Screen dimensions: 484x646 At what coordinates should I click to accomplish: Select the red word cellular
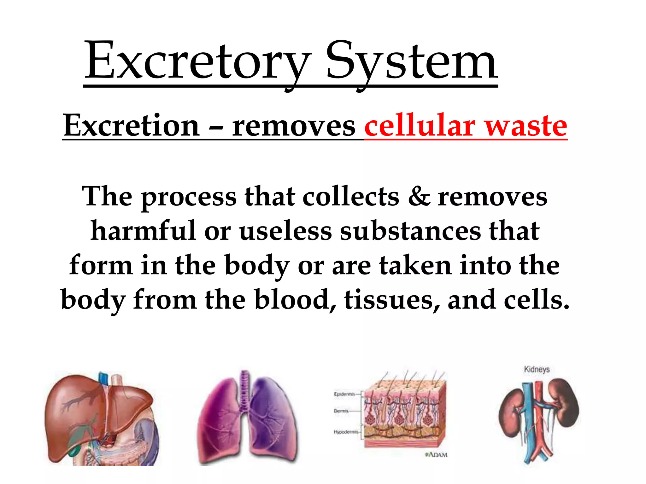pyautogui.click(x=420, y=126)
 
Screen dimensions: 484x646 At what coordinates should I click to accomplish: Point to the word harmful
pyautogui.click(x=144, y=231)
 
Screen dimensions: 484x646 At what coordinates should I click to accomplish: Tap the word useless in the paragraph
pyautogui.click(x=285, y=231)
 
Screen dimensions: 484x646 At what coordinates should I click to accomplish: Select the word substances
pyautogui.click(x=410, y=231)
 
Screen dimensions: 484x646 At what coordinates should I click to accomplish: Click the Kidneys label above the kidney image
pyautogui.click(x=537, y=369)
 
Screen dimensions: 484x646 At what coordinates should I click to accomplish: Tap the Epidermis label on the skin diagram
pyautogui.click(x=344, y=394)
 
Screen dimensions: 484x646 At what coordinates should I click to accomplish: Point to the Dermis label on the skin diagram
pyautogui.click(x=341, y=411)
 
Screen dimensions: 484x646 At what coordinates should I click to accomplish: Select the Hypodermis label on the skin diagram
pyautogui.click(x=346, y=432)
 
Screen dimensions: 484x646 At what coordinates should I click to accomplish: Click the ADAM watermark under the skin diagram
pyautogui.click(x=437, y=455)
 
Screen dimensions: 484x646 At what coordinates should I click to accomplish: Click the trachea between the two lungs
pyautogui.click(x=244, y=391)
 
